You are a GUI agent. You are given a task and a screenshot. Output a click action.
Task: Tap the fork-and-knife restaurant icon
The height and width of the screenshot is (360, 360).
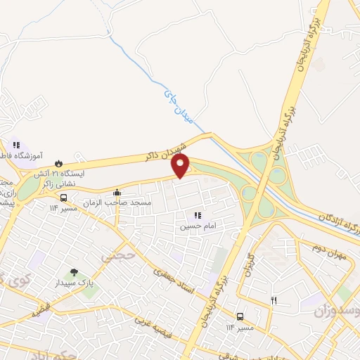tap(275, 300)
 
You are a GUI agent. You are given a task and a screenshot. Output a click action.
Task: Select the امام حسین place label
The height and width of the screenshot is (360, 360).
tap(195, 226)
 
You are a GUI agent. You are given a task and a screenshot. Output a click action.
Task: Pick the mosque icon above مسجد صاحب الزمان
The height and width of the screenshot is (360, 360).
tap(117, 192)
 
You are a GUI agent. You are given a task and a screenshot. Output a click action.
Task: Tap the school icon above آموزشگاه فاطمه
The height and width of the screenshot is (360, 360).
tap(15, 146)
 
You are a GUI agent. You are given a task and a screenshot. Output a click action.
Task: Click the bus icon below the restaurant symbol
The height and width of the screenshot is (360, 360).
tap(240, 316)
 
